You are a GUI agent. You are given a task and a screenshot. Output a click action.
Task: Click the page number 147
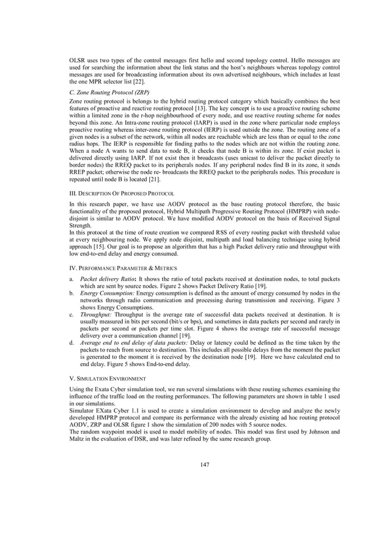click(205, 465)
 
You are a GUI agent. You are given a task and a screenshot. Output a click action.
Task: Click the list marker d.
click(72, 343)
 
